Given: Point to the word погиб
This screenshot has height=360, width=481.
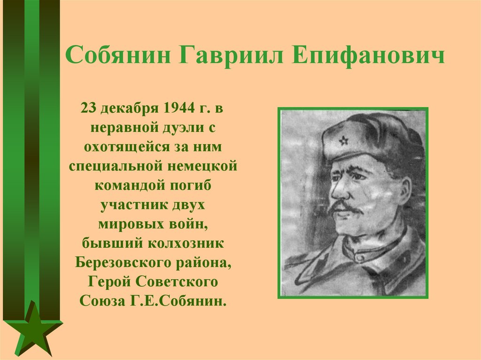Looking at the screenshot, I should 192,184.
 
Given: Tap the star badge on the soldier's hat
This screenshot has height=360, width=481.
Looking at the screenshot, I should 343,140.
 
